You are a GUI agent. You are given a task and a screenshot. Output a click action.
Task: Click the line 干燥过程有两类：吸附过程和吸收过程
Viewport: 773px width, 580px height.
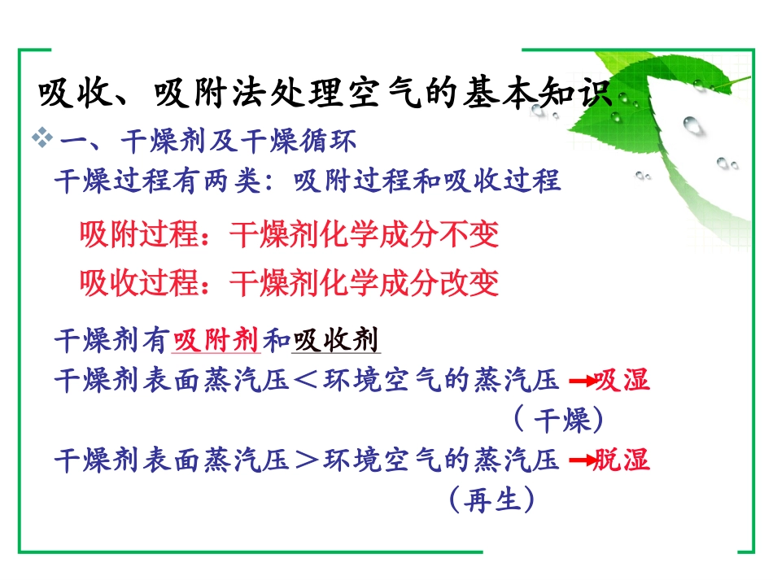click(x=307, y=180)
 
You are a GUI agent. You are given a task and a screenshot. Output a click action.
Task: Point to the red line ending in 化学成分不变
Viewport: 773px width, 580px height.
click(x=289, y=235)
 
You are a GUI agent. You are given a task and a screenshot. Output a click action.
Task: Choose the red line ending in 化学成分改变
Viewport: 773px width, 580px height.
click(x=289, y=283)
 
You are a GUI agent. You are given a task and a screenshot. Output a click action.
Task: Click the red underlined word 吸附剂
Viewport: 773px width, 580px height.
click(x=216, y=339)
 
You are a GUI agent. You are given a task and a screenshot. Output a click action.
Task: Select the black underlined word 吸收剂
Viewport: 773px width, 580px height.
click(x=336, y=339)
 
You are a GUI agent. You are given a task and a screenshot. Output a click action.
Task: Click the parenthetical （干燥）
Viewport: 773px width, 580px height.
click(x=558, y=420)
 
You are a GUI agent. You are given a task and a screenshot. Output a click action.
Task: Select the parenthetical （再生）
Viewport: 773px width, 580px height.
click(x=491, y=499)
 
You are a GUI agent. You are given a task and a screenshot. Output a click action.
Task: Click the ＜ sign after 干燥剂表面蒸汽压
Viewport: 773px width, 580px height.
click(x=307, y=381)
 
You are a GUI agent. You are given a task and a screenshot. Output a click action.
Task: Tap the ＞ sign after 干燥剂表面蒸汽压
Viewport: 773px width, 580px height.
click(x=307, y=461)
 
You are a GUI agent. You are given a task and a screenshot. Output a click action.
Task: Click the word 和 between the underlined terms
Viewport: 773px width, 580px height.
click(x=277, y=339)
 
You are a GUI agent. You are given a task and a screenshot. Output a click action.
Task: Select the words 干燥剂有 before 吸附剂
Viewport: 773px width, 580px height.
click(x=112, y=339)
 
